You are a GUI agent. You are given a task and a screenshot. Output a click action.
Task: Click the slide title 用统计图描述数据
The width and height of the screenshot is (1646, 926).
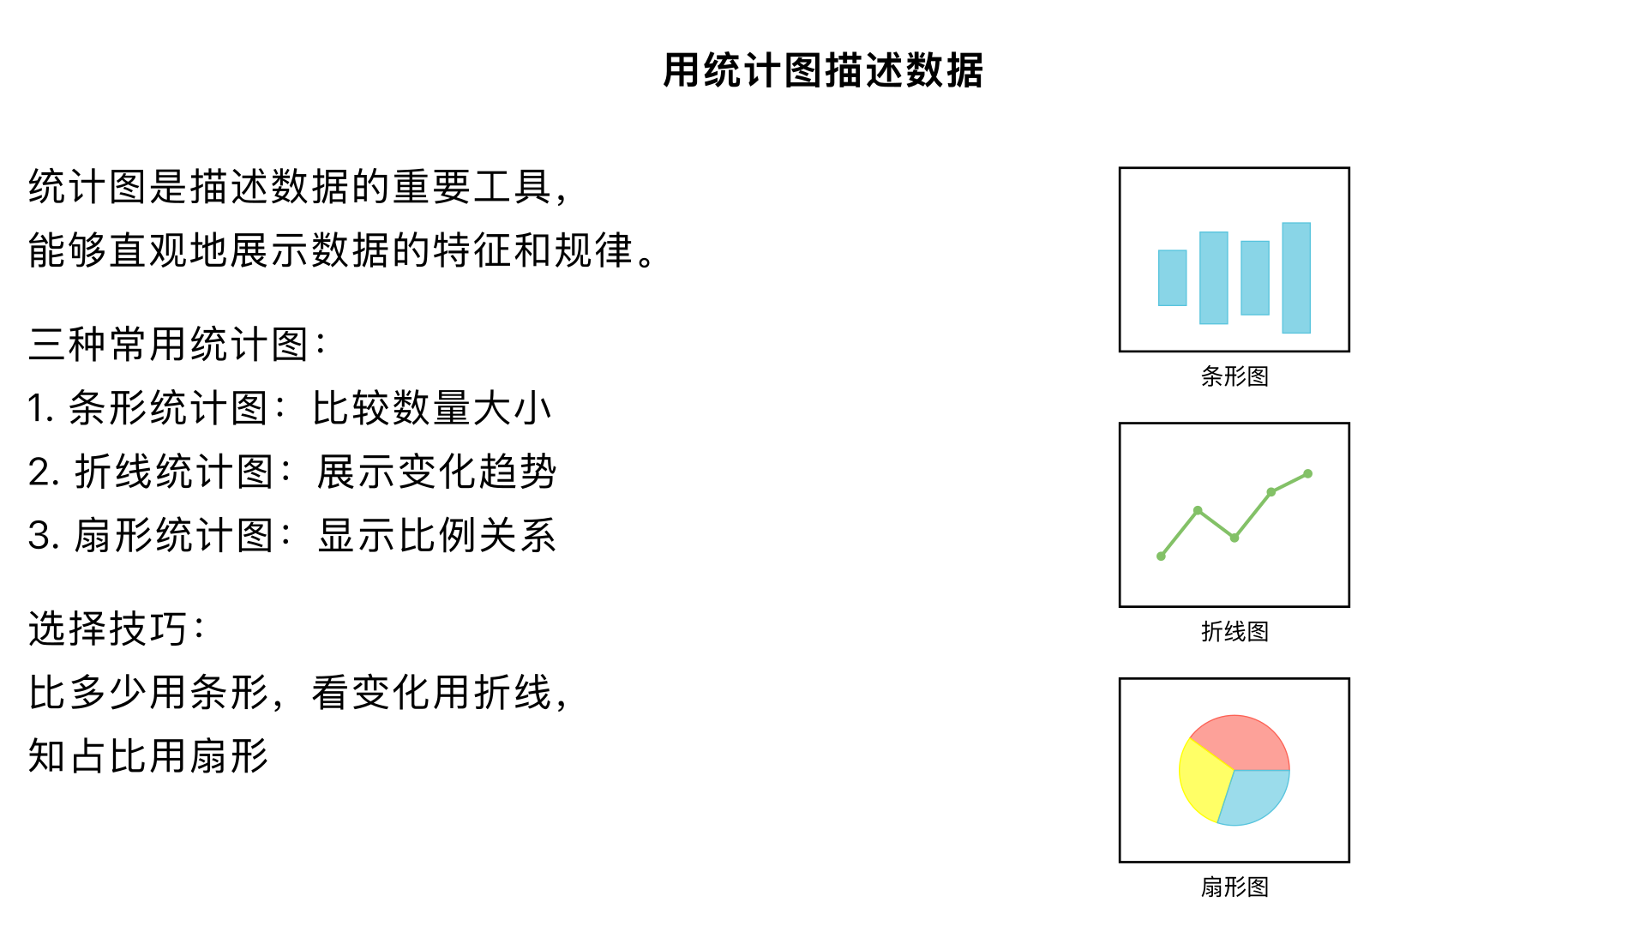[x=823, y=70]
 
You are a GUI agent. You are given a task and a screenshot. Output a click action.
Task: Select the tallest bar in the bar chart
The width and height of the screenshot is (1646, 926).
[x=1295, y=278]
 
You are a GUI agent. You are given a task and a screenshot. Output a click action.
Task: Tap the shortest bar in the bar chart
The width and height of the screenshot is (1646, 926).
[x=1172, y=278]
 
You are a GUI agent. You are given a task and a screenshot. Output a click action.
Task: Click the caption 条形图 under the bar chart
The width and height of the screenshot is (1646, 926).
[x=1234, y=376]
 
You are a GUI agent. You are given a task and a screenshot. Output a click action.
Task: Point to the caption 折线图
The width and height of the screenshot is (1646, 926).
[x=1234, y=631]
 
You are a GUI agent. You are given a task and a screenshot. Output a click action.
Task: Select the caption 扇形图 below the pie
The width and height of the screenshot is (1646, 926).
[x=1234, y=887]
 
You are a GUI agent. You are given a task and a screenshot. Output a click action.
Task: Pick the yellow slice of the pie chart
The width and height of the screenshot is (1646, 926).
[x=1202, y=780]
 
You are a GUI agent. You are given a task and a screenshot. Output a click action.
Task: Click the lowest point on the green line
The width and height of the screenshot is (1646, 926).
[x=1161, y=556]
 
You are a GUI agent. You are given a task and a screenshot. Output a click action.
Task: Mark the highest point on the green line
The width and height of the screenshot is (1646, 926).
[x=1307, y=473]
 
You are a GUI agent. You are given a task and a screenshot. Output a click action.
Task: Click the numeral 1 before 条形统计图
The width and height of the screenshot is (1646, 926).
[x=35, y=408]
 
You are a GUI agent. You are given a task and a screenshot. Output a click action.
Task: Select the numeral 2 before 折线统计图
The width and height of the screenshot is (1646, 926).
[x=39, y=472]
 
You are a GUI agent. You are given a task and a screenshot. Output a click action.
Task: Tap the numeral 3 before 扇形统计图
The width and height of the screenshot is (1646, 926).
[x=39, y=536]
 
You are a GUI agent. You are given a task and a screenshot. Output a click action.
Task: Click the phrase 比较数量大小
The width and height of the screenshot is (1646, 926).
[x=431, y=408]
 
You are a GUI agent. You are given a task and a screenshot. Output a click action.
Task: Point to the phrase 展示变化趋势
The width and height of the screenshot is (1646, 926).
[x=436, y=472]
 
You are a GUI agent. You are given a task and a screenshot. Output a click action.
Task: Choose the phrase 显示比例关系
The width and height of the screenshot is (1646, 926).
[x=436, y=536]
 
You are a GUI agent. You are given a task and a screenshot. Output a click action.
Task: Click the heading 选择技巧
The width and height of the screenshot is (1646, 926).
[x=108, y=628]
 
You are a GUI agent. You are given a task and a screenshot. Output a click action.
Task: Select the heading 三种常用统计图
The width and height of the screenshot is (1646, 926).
[x=168, y=345]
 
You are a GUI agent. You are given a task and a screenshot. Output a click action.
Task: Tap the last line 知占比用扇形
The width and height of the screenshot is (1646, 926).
[x=148, y=756]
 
